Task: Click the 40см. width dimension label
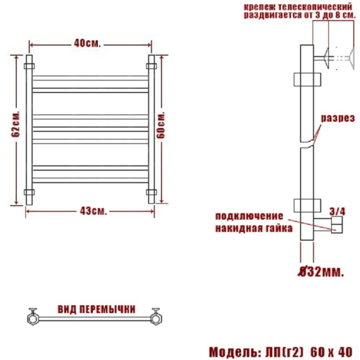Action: point(87,43)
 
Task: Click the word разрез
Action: point(336,118)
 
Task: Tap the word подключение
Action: point(248,216)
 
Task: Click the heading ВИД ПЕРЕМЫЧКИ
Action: point(96,309)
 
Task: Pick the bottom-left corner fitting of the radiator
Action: point(30,194)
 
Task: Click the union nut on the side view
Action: point(337,226)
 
